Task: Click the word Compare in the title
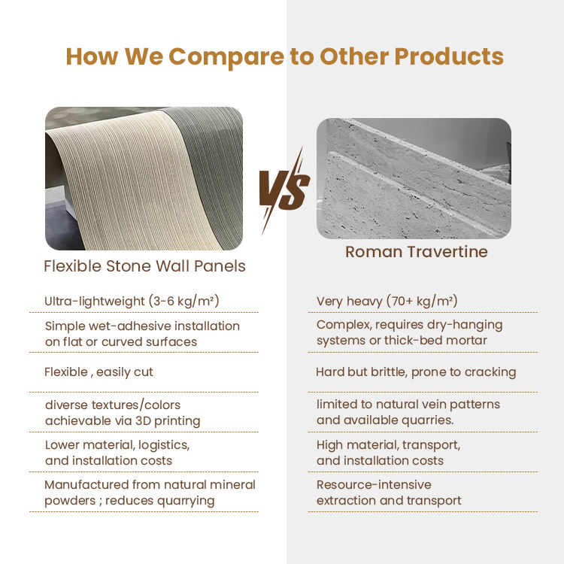[x=226, y=57]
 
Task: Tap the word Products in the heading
[x=449, y=56]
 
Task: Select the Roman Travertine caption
[x=416, y=252]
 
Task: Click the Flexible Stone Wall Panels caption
[x=144, y=266]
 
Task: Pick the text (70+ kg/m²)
[x=422, y=301]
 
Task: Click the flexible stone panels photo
[x=144, y=178]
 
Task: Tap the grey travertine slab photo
[x=414, y=178]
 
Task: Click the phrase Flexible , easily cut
[x=99, y=372]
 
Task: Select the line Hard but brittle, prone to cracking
[x=416, y=372]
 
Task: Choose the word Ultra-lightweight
[x=94, y=301]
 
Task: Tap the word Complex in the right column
[x=344, y=325]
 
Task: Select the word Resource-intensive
[x=374, y=485]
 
